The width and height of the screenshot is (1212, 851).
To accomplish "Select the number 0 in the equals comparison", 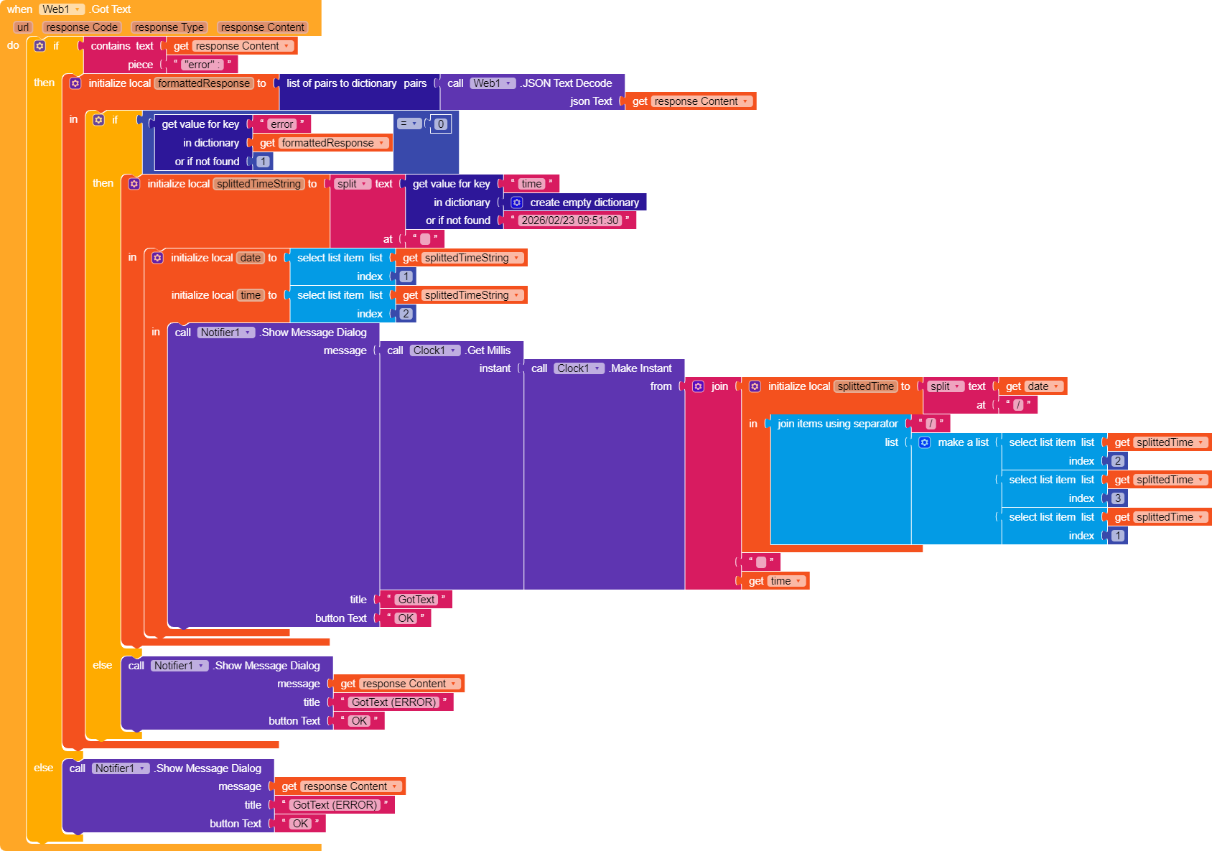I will [x=441, y=124].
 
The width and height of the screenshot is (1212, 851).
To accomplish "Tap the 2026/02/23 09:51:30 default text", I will [x=569, y=220].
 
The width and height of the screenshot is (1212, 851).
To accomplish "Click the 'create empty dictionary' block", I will [x=584, y=203].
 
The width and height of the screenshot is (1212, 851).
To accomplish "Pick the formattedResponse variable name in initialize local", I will [x=204, y=83].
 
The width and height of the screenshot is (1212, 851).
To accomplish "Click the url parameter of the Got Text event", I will [x=23, y=27].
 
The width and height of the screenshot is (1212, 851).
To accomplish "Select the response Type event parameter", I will [x=169, y=27].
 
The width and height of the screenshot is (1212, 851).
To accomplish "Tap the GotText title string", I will [x=416, y=600].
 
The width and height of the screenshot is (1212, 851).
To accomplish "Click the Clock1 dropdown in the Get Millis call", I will [x=435, y=350].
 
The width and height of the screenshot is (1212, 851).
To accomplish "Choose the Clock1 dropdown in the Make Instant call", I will [x=579, y=368].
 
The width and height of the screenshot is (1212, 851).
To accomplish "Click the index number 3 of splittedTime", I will [x=1118, y=498].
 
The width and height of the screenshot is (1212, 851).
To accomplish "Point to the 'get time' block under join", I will [x=775, y=581].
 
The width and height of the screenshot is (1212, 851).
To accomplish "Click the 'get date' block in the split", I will [x=1032, y=386].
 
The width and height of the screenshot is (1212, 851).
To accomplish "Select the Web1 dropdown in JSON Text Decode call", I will [x=493, y=83].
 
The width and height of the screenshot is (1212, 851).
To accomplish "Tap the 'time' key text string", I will [x=531, y=184].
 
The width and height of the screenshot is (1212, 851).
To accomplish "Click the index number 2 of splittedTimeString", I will [x=406, y=314].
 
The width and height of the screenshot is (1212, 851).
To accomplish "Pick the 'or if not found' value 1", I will [x=264, y=162].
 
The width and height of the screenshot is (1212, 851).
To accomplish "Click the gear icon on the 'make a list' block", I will [x=925, y=442].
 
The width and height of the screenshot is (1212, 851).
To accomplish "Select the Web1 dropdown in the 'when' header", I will [x=62, y=9].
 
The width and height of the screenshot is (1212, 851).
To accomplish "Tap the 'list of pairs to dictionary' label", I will [x=341, y=83].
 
